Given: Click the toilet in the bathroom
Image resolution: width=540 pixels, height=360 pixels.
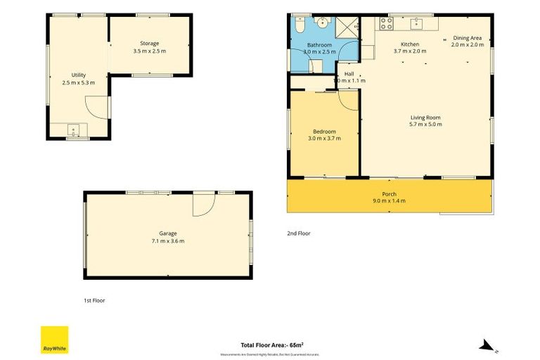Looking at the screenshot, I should point(299,25).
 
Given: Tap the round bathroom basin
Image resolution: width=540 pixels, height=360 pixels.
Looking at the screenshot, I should point(323,22).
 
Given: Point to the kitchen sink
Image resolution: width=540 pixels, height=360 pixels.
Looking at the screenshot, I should point(416,23).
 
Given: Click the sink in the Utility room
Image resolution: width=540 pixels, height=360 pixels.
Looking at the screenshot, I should point(72,129).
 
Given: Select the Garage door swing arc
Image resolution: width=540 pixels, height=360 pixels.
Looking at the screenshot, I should point(203,204).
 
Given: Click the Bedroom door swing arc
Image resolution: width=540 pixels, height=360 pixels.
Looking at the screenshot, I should point(347,99).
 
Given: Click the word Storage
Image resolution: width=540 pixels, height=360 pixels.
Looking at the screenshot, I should point(150,44).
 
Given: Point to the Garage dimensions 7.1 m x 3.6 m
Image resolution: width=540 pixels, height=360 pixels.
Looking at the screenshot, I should point(168,241).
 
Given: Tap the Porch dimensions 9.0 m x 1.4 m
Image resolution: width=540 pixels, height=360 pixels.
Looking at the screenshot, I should point(389,201).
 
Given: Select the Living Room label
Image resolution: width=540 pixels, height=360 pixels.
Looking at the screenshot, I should point(425,117).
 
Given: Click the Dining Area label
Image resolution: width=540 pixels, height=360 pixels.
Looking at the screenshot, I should point(467,38).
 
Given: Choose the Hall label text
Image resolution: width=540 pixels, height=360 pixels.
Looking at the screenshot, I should point(349,74).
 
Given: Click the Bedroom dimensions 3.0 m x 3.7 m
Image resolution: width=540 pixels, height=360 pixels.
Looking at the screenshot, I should point(324,139).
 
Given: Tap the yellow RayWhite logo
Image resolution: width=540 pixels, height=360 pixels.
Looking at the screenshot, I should point(54,340).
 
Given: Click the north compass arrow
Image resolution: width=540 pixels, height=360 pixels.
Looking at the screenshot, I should point(485,345).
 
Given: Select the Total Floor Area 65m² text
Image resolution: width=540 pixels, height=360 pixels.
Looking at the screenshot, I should point(271,345).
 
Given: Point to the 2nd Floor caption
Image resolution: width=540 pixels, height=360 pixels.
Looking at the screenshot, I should point(298,233).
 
